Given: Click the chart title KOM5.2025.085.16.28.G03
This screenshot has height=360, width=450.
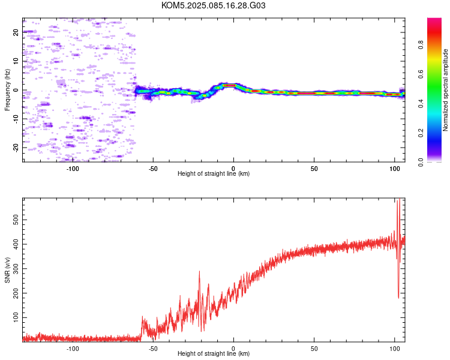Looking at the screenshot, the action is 213,5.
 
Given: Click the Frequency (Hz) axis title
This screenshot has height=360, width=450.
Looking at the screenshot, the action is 7,90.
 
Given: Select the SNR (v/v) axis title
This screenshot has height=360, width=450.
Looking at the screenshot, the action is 7,270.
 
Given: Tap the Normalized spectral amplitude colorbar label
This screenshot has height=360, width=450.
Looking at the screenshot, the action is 445,90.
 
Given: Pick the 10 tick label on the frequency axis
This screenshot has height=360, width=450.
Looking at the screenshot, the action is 16,61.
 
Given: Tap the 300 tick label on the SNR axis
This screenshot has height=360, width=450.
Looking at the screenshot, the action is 16,269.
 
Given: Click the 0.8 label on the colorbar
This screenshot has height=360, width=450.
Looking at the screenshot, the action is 421,45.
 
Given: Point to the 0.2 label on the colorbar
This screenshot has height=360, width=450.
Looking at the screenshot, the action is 421,133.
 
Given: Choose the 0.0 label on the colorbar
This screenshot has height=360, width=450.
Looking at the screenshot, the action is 421,162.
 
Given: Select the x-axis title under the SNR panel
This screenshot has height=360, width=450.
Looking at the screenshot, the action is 214,353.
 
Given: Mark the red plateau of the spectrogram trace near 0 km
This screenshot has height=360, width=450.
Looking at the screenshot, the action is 229,85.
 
